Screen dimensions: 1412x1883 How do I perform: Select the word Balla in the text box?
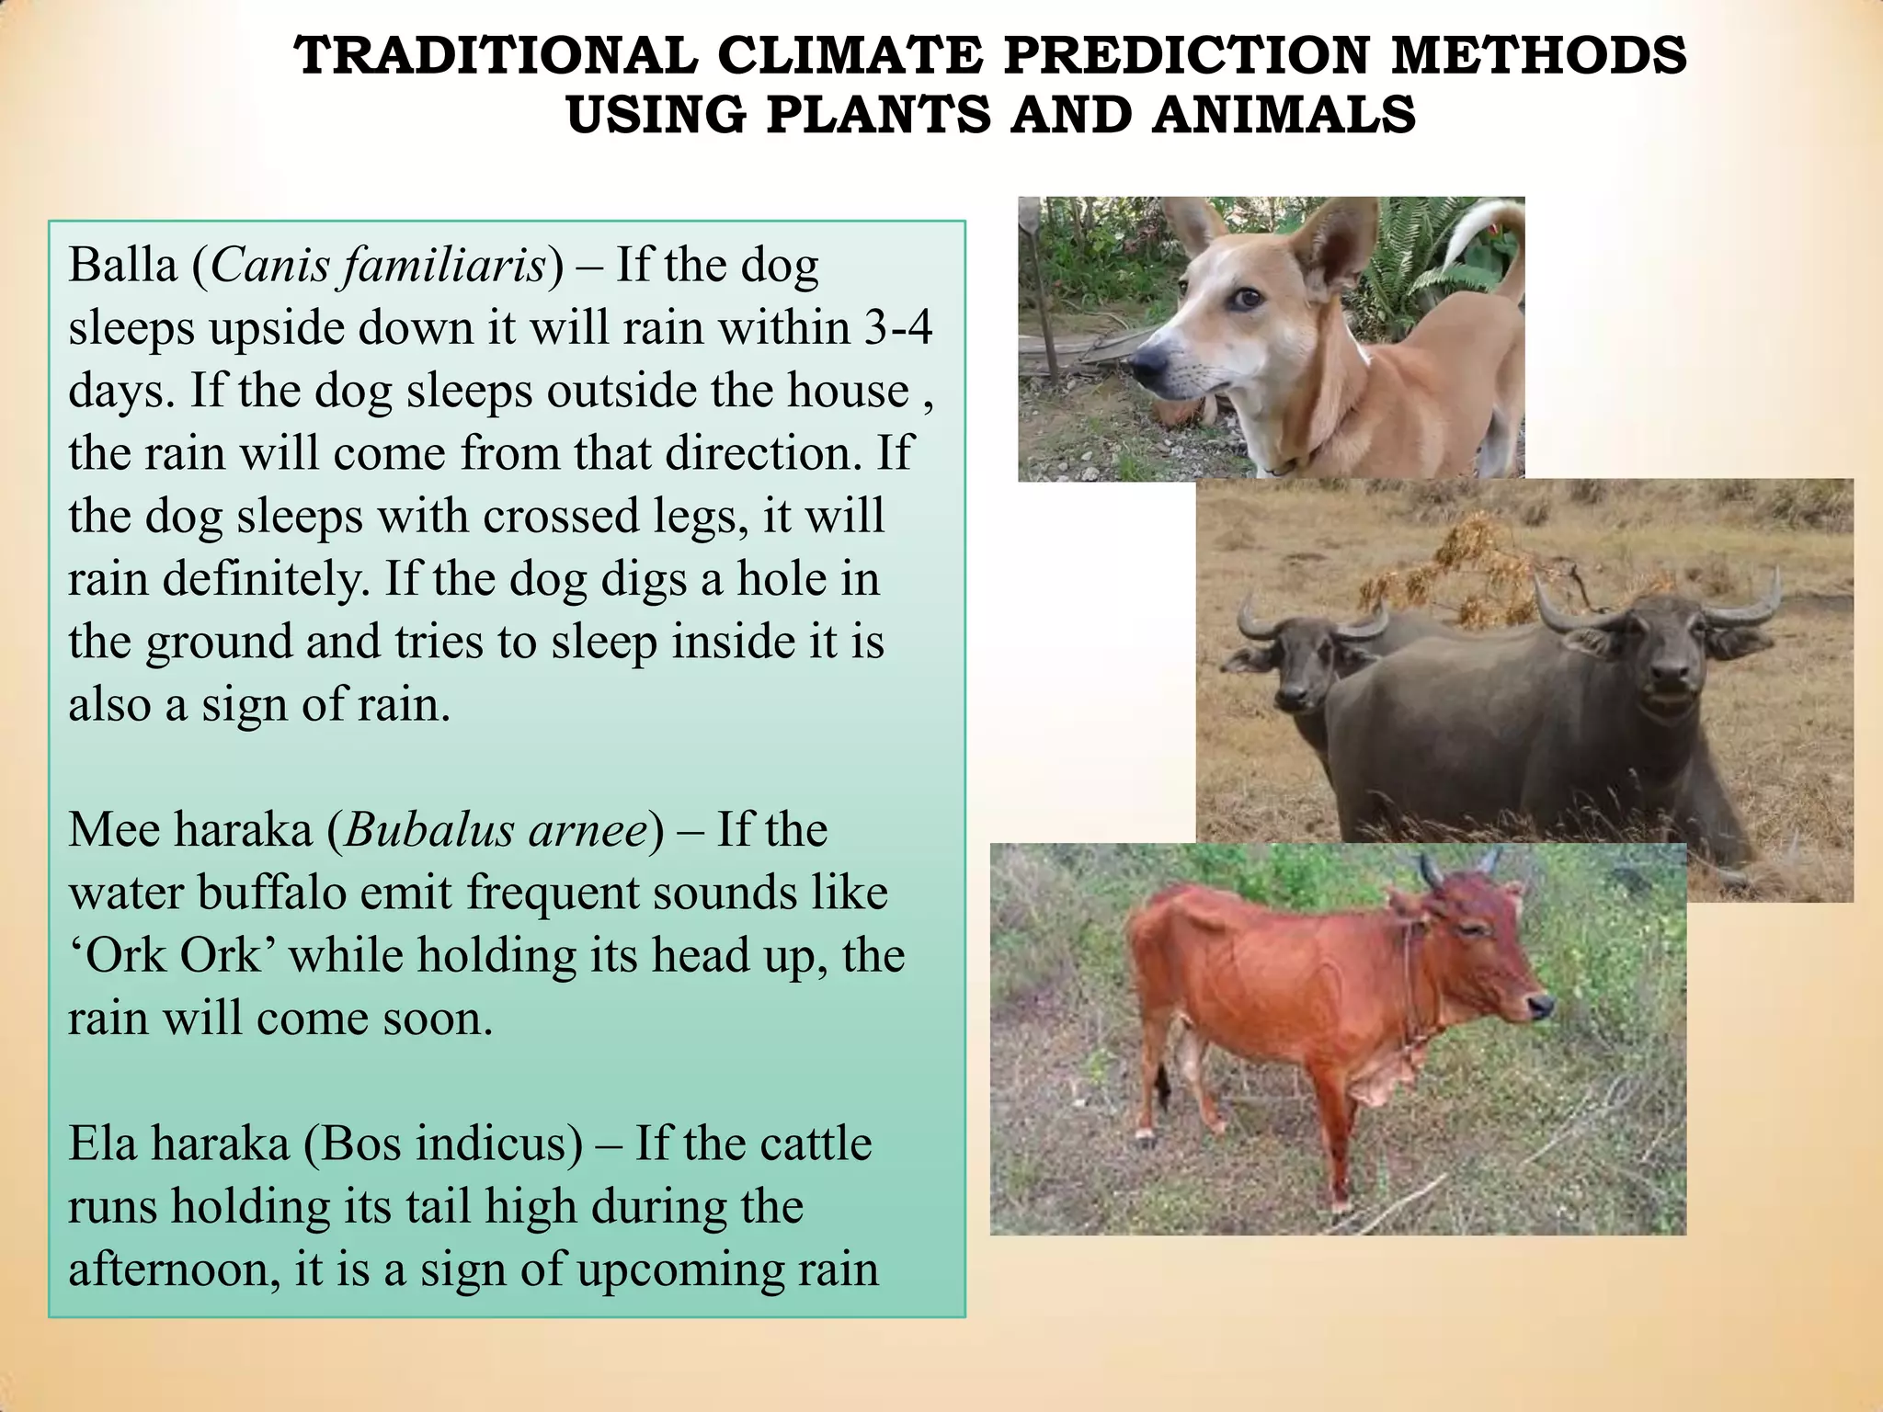[122, 266]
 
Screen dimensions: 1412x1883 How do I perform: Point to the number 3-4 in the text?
[898, 328]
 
